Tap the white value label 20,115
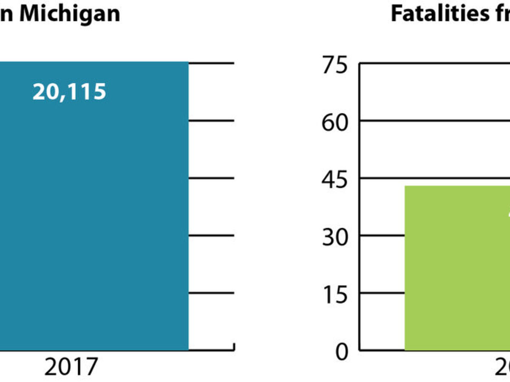click(x=69, y=92)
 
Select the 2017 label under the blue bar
click(x=71, y=367)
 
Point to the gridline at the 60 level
click(x=433, y=121)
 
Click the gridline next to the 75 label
click(x=433, y=63)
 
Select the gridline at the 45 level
click(x=433, y=178)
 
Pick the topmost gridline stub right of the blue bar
click(x=211, y=63)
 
